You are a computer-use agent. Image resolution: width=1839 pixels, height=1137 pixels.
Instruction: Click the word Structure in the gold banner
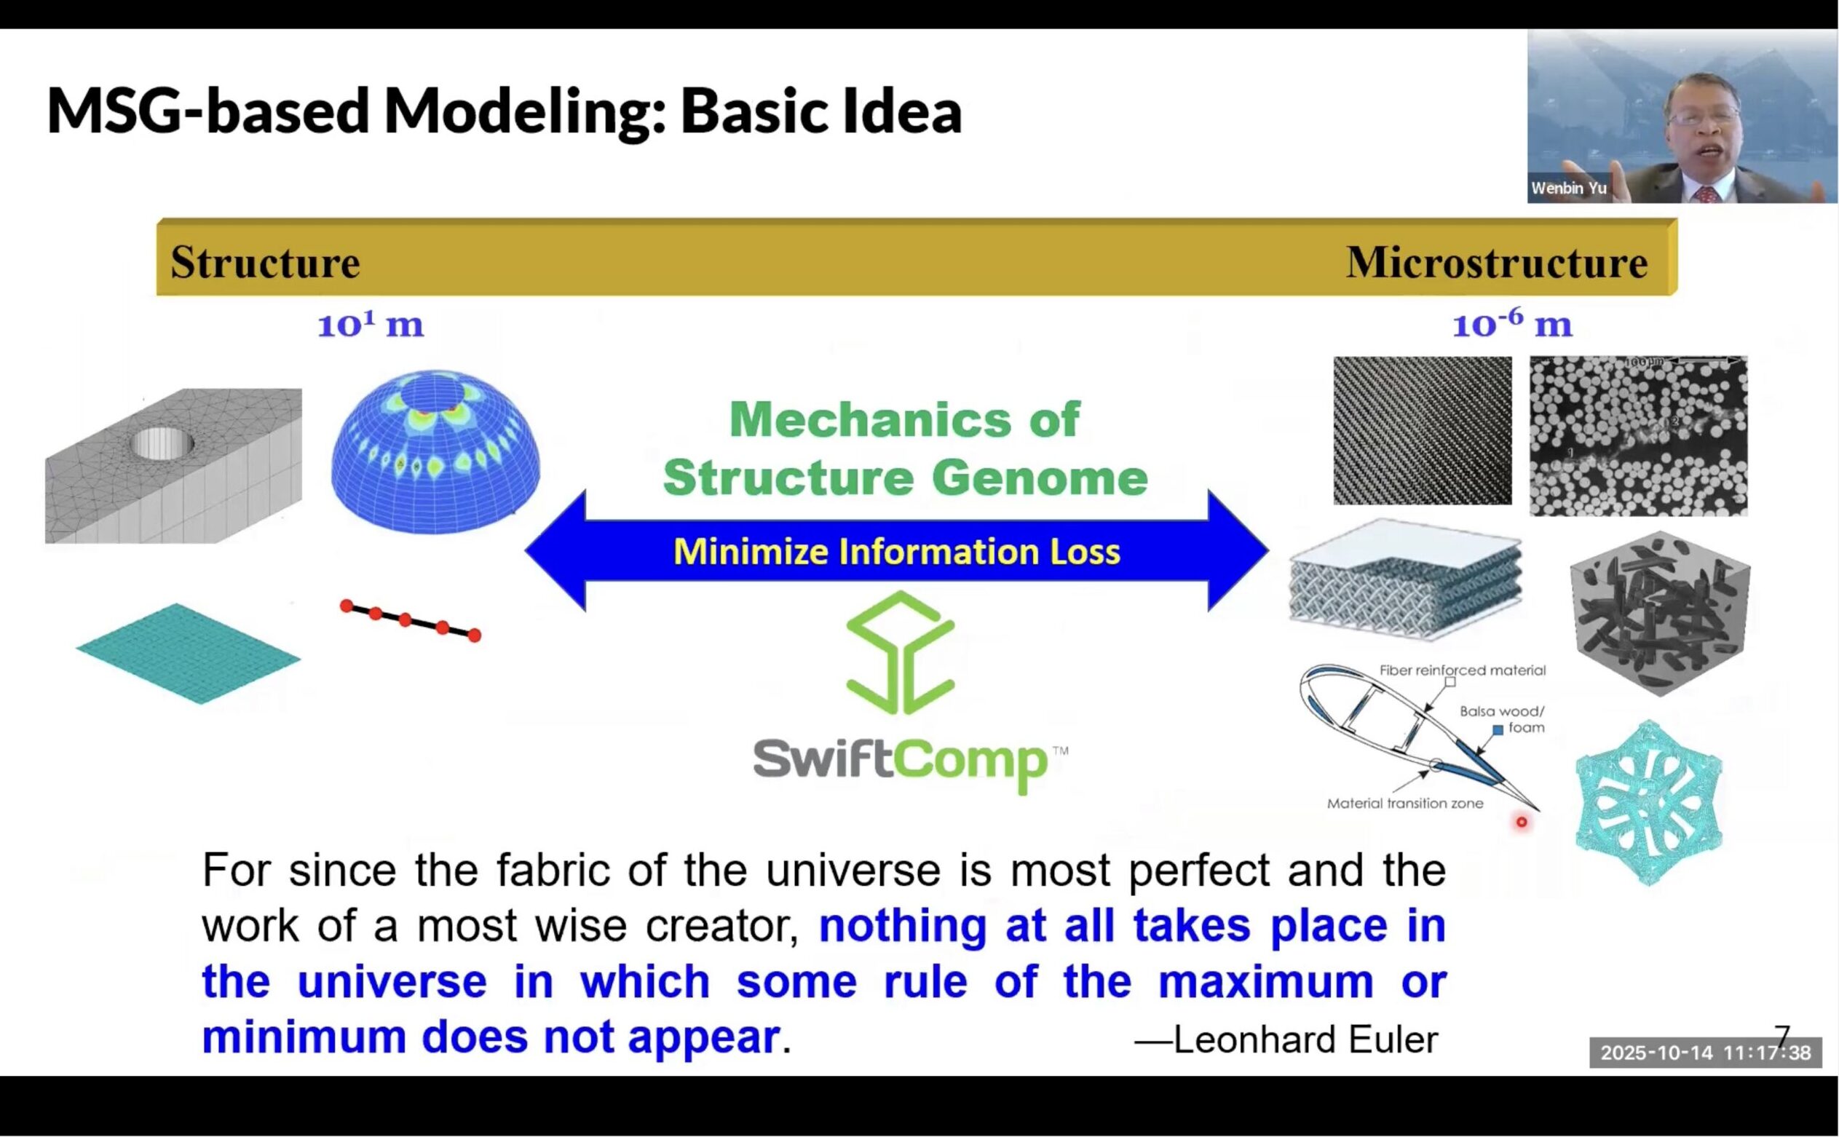point(265,263)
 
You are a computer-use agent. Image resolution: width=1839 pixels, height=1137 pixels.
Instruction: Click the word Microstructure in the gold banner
point(1496,263)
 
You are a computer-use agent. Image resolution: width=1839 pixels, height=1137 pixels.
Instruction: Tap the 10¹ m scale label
point(370,325)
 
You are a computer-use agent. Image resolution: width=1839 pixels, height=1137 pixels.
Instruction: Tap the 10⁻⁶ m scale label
point(1511,324)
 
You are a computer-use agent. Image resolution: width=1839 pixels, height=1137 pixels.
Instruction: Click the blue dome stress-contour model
point(435,451)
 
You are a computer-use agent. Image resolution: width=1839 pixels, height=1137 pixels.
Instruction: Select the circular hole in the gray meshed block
point(161,444)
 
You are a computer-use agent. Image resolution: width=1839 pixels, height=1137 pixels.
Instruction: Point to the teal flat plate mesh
point(188,653)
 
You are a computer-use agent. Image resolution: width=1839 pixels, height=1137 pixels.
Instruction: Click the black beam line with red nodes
point(411,620)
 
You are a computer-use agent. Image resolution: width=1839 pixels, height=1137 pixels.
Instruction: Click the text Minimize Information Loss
point(896,551)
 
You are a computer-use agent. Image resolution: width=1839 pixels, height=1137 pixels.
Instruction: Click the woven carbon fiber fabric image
point(1422,430)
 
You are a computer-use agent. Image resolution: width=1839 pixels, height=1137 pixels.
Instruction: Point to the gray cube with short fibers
point(1659,613)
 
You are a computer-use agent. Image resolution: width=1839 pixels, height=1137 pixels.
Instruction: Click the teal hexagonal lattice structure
point(1648,802)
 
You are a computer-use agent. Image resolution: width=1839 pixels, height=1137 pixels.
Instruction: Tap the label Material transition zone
point(1404,803)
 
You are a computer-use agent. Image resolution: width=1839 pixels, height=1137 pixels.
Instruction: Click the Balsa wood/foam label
point(1502,719)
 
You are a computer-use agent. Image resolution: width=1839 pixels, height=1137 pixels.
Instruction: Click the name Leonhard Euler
point(1305,1039)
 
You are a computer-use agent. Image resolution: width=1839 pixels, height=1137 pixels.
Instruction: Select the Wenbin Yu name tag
point(1568,188)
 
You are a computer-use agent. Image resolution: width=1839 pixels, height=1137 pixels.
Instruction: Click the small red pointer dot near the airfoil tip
point(1521,822)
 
